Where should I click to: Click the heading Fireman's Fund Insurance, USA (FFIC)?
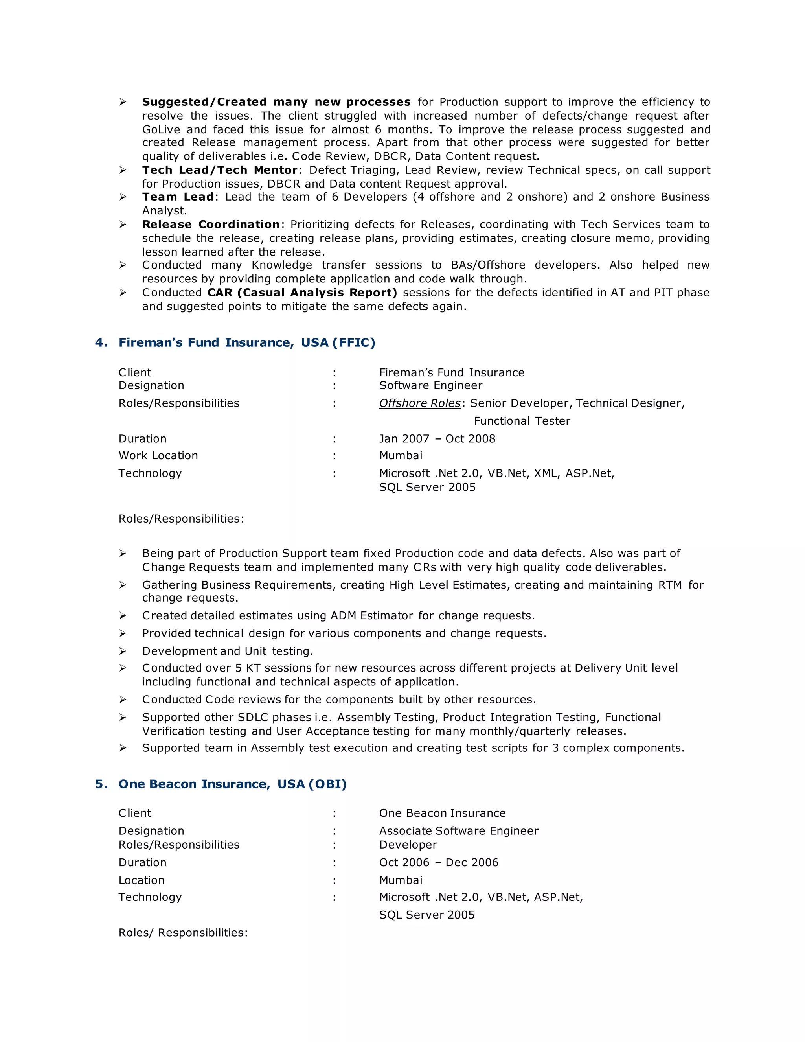coord(246,342)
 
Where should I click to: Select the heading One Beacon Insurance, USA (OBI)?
coord(232,784)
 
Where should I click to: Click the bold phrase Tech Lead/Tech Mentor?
coord(220,170)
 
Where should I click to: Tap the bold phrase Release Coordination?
coord(211,224)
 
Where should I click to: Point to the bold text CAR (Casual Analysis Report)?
coord(302,293)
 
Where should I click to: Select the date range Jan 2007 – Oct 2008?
coord(437,438)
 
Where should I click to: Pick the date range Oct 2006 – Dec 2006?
coord(438,862)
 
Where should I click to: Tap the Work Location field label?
coord(158,455)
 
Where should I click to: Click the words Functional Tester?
coord(522,421)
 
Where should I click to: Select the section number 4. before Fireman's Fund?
coord(101,342)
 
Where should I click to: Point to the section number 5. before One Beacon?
coord(101,784)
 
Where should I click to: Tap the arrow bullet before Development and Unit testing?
coord(123,651)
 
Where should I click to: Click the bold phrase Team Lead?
coord(177,197)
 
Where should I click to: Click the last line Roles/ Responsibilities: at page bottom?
coord(183,932)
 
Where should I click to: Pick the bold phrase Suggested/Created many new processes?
coord(276,102)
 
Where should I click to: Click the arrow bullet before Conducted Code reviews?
coord(123,700)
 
